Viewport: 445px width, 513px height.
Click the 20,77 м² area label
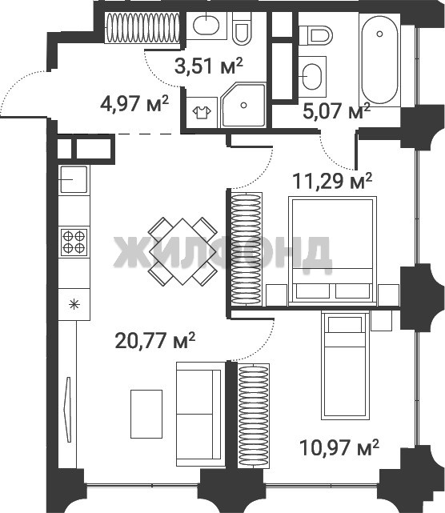point(155,341)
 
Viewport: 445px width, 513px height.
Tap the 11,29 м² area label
point(332,181)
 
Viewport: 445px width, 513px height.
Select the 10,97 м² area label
point(339,447)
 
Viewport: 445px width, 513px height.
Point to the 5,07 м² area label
point(337,110)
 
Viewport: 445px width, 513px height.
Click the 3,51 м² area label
point(208,66)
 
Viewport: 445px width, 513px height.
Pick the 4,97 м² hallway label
point(134,104)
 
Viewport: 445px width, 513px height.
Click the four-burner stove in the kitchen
point(74,242)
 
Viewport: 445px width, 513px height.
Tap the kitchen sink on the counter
point(73,179)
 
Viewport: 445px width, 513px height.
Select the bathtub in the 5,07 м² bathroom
point(379,60)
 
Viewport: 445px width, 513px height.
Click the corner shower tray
point(243,105)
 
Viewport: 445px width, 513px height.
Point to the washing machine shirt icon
point(202,112)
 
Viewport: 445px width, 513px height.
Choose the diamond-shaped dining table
point(183,251)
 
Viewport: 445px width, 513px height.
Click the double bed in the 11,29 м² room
point(332,250)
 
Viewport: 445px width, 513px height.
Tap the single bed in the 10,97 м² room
point(345,365)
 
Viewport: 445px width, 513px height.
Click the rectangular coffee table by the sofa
point(146,414)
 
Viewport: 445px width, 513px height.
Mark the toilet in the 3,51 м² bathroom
point(242,29)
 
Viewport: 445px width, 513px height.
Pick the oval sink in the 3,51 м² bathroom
point(206,26)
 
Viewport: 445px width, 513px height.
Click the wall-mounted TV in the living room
point(68,410)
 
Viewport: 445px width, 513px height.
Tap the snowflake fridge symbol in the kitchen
point(74,305)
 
